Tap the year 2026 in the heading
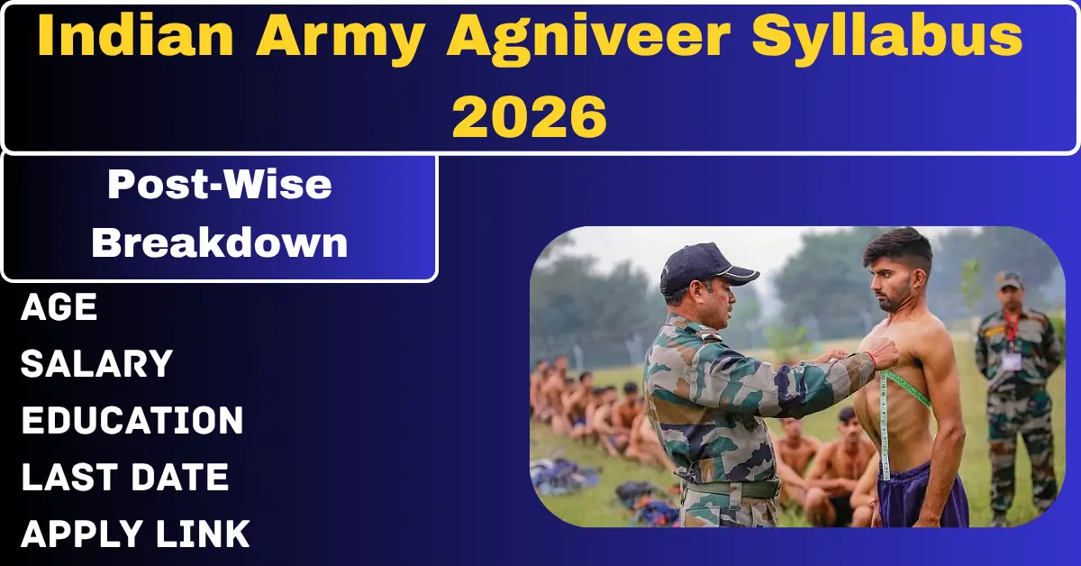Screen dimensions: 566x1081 tap(529, 116)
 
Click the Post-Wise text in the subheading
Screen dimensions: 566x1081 tap(219, 186)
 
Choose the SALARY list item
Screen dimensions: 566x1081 tap(96, 365)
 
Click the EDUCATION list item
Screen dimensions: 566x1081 tap(132, 421)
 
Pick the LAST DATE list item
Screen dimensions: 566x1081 tap(124, 478)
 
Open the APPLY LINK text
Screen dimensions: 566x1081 tap(135, 534)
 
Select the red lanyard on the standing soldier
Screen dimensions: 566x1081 tap(1012, 330)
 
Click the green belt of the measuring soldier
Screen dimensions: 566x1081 tap(730, 489)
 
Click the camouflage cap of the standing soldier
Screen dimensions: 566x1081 tap(1009, 279)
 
